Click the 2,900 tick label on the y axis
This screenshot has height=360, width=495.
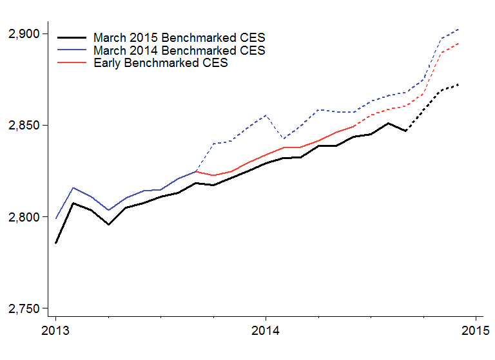(x=23, y=33)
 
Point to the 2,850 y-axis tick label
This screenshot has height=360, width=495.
(x=23, y=125)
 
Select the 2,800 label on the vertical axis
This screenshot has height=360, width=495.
(x=23, y=217)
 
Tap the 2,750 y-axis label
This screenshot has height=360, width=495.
(x=23, y=308)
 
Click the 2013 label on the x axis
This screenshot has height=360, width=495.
(x=56, y=332)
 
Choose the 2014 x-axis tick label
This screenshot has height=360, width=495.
(x=266, y=332)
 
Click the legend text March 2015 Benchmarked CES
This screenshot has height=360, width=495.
(x=179, y=38)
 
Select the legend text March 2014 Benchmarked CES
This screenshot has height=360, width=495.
(x=179, y=50)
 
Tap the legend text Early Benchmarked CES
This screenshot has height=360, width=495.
(x=160, y=63)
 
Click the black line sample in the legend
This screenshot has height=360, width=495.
(x=72, y=38)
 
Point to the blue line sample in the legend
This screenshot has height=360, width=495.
(x=72, y=50)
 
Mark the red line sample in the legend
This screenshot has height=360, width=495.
(x=72, y=63)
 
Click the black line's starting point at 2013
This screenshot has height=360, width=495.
(x=56, y=243)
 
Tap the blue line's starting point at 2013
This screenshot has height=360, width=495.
(x=56, y=218)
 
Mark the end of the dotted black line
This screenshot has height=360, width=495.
(x=458, y=84)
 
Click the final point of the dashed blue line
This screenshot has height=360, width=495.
(x=458, y=29)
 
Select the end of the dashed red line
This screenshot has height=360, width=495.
(x=458, y=44)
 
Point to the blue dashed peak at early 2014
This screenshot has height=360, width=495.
(x=266, y=115)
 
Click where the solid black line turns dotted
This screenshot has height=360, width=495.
(x=405, y=131)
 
